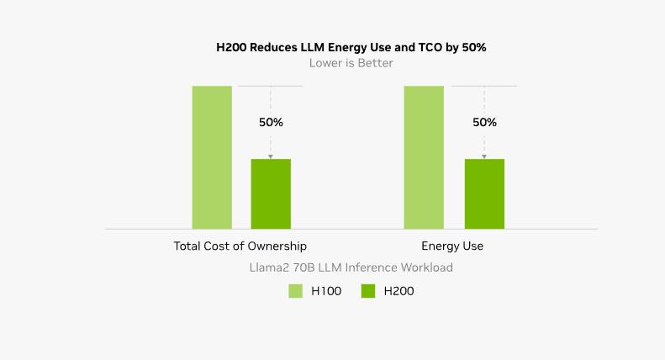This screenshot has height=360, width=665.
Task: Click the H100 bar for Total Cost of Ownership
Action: coord(212,157)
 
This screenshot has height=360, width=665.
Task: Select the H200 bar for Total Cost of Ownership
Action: coord(271,193)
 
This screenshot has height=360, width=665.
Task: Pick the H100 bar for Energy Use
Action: coord(424,157)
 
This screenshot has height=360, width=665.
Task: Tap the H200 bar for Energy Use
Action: coord(484,193)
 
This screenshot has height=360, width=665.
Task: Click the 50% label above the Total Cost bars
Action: coord(271,122)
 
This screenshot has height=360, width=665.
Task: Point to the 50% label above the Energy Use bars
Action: coord(484,122)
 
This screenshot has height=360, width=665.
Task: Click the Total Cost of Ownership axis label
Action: coord(240,246)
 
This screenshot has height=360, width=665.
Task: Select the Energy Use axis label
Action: coord(452,246)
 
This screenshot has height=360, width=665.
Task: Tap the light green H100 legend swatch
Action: coord(295,291)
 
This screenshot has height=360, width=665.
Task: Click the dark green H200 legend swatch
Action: coord(367,291)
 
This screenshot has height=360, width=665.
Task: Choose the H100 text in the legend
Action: coord(326,291)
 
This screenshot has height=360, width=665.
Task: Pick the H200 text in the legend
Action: coord(398,291)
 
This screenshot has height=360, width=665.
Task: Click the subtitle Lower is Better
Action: coord(351,63)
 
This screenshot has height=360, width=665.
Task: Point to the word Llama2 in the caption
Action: coord(269,267)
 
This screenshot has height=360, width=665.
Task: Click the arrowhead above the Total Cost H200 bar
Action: coord(271,156)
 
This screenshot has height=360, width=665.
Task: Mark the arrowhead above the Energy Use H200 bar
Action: coord(484,156)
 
